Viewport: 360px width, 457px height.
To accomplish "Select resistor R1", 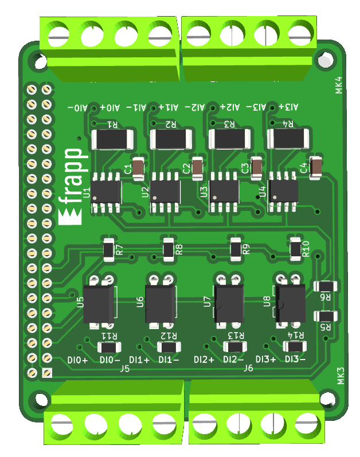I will tap(112, 139).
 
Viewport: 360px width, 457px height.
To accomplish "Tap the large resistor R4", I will tap(288, 139).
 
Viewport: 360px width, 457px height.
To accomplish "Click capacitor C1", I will tap(138, 168).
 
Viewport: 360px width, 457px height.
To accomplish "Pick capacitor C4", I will tap(315, 167).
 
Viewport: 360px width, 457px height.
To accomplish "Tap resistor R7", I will tap(108, 249).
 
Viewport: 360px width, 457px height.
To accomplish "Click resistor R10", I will tap(295, 248).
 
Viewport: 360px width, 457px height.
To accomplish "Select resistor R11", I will tap(109, 347).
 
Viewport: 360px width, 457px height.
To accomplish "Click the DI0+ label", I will tap(77, 360).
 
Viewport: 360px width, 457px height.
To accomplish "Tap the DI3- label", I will tap(295, 360).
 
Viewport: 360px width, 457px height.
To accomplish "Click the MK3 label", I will tap(340, 376).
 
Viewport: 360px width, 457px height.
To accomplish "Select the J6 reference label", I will tap(248, 368).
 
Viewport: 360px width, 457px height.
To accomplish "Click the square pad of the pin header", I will tap(47, 373).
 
